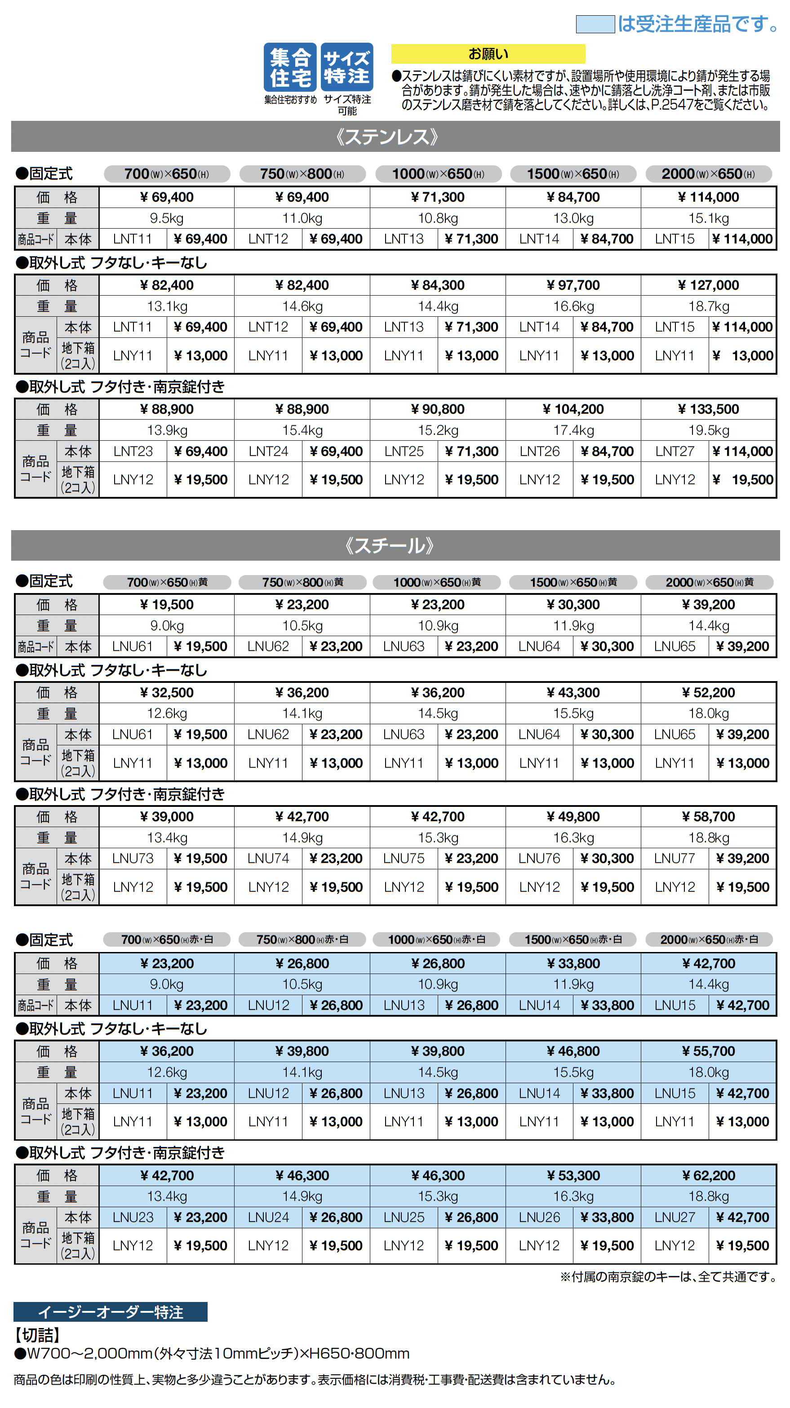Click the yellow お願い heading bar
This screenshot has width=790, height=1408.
pyautogui.click(x=488, y=53)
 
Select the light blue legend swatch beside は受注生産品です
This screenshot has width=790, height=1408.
pyautogui.click(x=595, y=24)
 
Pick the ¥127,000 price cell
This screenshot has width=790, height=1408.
pyautogui.click(x=708, y=285)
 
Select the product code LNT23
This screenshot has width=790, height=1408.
pyautogui.click(x=133, y=452)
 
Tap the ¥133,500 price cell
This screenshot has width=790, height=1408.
pyautogui.click(x=708, y=409)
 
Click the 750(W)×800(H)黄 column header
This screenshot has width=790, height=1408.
pyautogui.click(x=302, y=583)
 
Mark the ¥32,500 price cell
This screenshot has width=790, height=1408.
pyautogui.click(x=167, y=692)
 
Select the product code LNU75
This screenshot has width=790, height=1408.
pyautogui.click(x=404, y=859)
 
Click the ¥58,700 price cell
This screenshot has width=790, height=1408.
pyautogui.click(x=708, y=817)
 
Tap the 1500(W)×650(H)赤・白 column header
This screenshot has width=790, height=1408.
pyautogui.click(x=573, y=939)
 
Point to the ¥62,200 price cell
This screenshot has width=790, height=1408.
pyautogui.click(x=708, y=1176)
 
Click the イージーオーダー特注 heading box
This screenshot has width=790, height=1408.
pyautogui.click(x=111, y=1312)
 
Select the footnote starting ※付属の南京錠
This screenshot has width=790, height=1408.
pyautogui.click(x=668, y=1277)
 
